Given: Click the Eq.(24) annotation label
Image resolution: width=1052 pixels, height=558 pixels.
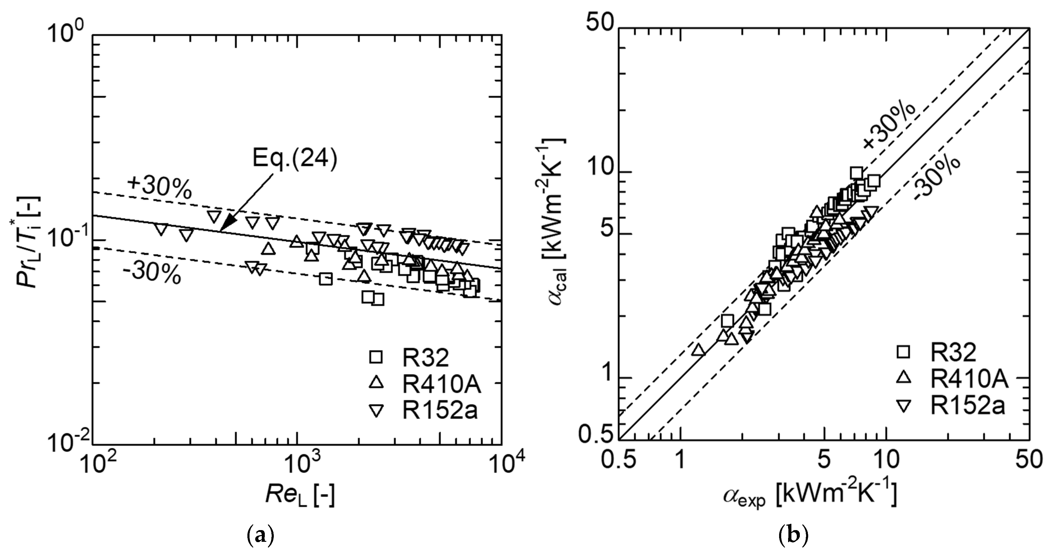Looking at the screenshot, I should tap(295, 158).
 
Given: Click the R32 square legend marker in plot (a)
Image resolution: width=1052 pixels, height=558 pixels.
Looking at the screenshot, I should tap(375, 357).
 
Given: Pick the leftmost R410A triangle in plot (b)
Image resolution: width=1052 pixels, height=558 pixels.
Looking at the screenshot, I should tap(698, 350).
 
